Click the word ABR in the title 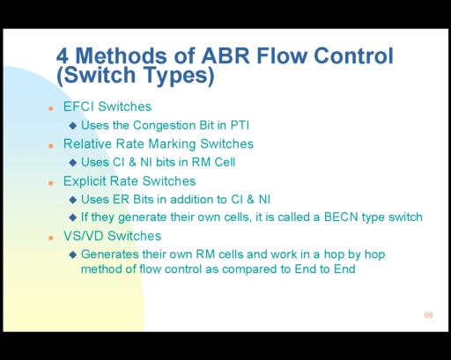tap(225, 55)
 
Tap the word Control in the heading tap(353, 55)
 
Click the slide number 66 tap(428, 315)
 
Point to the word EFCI tap(78, 107)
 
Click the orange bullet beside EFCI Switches tap(51, 109)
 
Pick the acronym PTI tap(240, 125)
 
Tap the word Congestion tap(165, 126)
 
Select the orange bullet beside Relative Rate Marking tap(51, 146)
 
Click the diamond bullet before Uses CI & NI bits tap(73, 163)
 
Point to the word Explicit tap(85, 181)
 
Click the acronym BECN tap(341, 217)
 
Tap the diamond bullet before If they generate tap(73, 217)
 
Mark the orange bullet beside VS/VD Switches tap(51, 238)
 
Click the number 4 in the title tap(63, 56)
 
